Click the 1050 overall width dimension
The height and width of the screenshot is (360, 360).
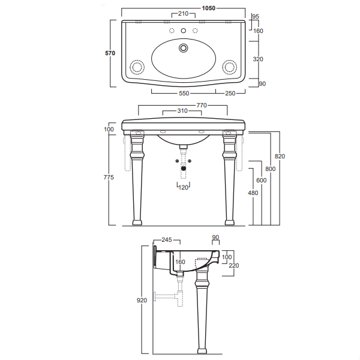(208, 8)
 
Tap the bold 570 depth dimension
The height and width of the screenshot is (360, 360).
(110, 53)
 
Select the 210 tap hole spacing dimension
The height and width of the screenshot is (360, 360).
(183, 14)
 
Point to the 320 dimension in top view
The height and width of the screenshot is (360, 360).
(258, 59)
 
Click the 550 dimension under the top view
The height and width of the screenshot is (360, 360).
(184, 94)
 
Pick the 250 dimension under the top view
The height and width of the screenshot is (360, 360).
(230, 94)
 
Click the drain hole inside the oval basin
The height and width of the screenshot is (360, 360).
(184, 48)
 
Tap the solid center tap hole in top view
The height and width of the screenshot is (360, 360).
(184, 31)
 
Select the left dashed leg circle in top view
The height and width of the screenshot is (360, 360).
(137, 67)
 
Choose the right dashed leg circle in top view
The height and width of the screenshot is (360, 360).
(229, 67)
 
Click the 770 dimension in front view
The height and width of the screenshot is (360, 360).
(202, 106)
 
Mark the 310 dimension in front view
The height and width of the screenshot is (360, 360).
(182, 111)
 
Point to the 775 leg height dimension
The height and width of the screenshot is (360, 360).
(109, 178)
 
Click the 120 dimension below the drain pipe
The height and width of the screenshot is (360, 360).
(183, 188)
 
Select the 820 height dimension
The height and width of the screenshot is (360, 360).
(280, 157)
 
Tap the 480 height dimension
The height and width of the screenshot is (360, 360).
(253, 193)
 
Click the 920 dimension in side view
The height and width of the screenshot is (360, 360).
(142, 301)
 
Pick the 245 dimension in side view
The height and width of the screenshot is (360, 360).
(166, 240)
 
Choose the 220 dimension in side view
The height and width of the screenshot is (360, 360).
(234, 266)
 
